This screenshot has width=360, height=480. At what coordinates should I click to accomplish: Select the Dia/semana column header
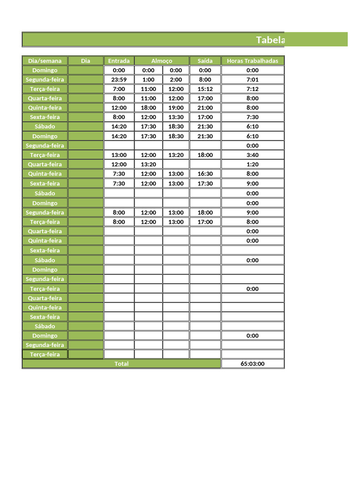pyautogui.click(x=45, y=60)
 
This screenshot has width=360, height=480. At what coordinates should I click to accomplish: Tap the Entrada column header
pyautogui.click(x=119, y=60)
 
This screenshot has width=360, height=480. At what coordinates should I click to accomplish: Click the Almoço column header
pyautogui.click(x=162, y=60)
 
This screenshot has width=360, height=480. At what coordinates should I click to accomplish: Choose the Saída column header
pyautogui.click(x=205, y=60)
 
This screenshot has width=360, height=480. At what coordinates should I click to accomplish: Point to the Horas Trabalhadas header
pyautogui.click(x=252, y=60)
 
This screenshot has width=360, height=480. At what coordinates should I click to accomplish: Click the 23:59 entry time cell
pyautogui.click(x=119, y=79)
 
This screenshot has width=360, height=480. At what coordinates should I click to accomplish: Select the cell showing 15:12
pyautogui.click(x=205, y=89)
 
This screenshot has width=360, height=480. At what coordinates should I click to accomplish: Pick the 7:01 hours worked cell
pyautogui.click(x=252, y=79)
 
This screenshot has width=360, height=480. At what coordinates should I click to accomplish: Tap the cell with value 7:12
pyautogui.click(x=252, y=89)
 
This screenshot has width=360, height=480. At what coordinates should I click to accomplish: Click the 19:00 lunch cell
pyautogui.click(x=176, y=107)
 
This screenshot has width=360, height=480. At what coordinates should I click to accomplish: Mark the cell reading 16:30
pyautogui.click(x=205, y=173)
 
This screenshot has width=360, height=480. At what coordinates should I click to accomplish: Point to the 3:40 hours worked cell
pyautogui.click(x=252, y=155)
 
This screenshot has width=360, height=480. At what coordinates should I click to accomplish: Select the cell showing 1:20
pyautogui.click(x=252, y=164)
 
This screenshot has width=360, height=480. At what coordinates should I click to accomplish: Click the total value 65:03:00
pyautogui.click(x=252, y=364)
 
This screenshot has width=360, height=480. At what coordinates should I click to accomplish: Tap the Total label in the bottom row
pyautogui.click(x=121, y=364)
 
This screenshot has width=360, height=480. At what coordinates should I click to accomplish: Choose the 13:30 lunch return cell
pyautogui.click(x=176, y=117)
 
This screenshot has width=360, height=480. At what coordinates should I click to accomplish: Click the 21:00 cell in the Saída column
pyautogui.click(x=205, y=107)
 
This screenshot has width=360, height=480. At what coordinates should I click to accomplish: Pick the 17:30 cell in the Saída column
pyautogui.click(x=205, y=183)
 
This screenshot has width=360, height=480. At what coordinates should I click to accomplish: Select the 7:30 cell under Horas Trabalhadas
pyautogui.click(x=252, y=117)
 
